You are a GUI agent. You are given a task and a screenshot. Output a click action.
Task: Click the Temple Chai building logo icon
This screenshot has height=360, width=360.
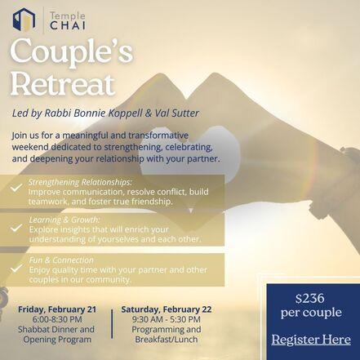click(24, 20)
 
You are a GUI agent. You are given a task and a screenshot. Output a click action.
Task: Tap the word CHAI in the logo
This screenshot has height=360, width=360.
click(68, 25)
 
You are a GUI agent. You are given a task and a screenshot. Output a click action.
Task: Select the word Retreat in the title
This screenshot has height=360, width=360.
click(62, 84)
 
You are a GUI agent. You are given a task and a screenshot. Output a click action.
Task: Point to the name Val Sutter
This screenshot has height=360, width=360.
click(177, 113)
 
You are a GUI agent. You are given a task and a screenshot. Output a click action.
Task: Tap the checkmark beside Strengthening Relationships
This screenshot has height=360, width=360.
click(16, 188)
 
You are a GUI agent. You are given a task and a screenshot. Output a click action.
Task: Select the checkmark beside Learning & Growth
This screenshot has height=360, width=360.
click(16, 228)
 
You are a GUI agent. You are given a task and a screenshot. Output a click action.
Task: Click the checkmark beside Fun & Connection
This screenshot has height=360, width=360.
click(16, 269)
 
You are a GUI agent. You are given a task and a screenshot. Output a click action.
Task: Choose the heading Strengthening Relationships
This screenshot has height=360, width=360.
click(80, 182)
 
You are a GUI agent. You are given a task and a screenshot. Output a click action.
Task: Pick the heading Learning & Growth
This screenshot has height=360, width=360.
click(64, 220)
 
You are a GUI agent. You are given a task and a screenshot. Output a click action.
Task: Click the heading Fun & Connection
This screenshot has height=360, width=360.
click(61, 260)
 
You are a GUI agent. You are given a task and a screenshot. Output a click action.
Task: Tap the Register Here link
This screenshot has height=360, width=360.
click(311, 340)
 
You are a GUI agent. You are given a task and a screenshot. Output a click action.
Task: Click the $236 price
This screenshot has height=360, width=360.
click(310, 299)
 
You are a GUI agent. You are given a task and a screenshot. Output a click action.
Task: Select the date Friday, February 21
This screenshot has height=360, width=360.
click(57, 309)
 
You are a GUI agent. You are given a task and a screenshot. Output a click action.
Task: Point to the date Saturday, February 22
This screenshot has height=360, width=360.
click(167, 309)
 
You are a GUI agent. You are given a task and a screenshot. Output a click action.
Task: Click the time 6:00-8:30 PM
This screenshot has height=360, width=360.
click(57, 319)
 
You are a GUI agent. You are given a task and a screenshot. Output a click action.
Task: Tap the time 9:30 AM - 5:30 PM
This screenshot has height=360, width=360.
click(167, 319)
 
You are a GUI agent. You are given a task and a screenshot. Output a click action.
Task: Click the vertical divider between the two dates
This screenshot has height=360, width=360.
click(112, 324)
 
